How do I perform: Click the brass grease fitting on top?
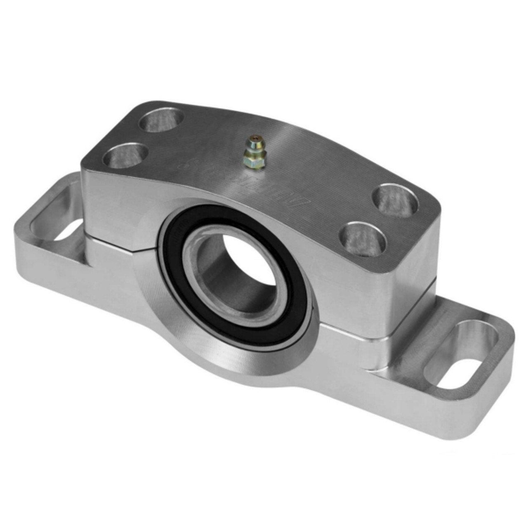click(x=253, y=153)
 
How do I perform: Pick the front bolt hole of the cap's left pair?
click(x=125, y=156)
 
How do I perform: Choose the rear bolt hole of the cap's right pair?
click(x=395, y=200)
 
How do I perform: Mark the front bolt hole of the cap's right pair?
click(x=362, y=239)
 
